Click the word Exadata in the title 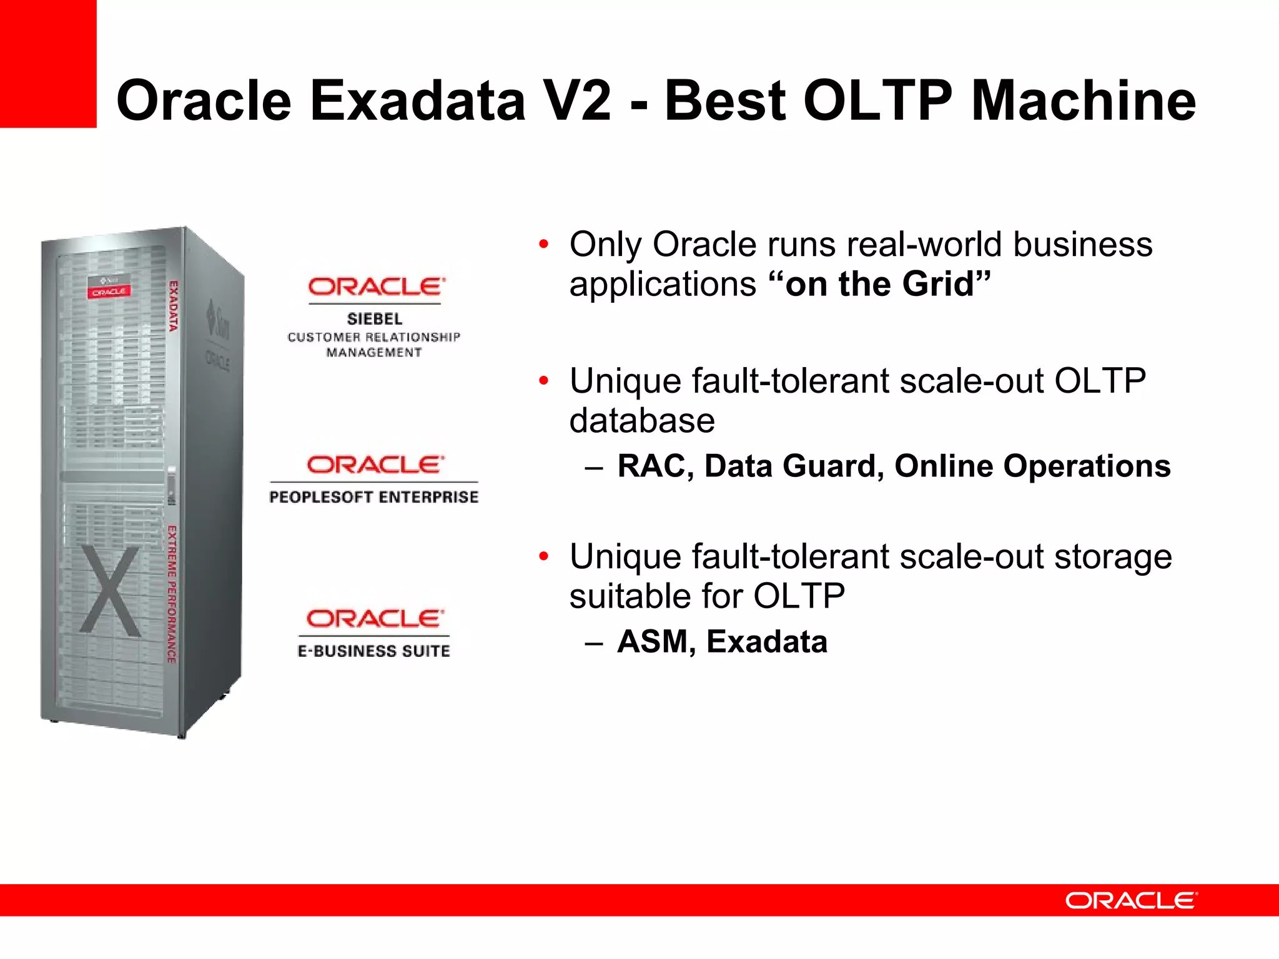pyautogui.click(x=417, y=101)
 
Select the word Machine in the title pyautogui.click(x=1084, y=101)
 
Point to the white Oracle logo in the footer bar pyautogui.click(x=1131, y=900)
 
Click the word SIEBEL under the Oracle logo pyautogui.click(x=375, y=319)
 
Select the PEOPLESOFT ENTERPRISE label pyautogui.click(x=374, y=497)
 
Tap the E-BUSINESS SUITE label pyautogui.click(x=374, y=651)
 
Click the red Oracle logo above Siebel pyautogui.click(x=377, y=287)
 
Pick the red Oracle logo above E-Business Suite pyautogui.click(x=375, y=619)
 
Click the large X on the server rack pyautogui.click(x=111, y=591)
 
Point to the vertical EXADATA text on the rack pyautogui.click(x=174, y=306)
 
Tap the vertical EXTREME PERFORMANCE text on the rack pyautogui.click(x=172, y=594)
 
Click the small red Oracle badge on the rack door pyautogui.click(x=109, y=292)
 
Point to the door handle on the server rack pyautogui.click(x=171, y=486)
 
